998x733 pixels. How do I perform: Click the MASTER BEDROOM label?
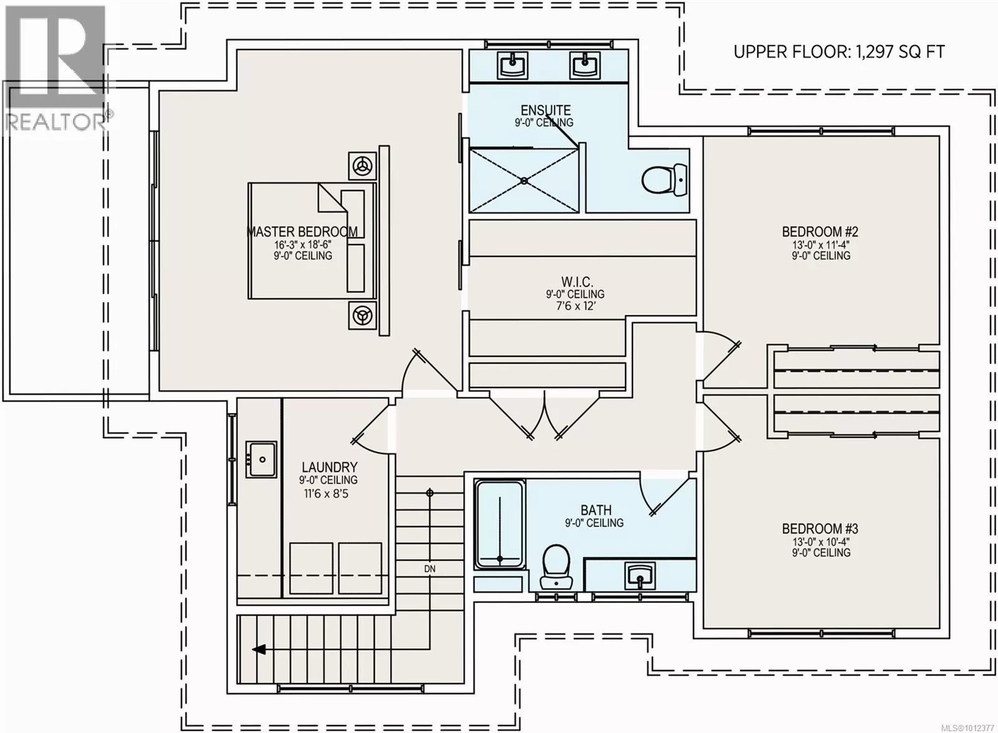[303, 231]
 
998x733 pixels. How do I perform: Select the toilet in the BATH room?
[556, 567]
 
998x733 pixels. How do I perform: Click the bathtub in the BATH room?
[500, 525]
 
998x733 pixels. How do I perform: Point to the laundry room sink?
[262, 459]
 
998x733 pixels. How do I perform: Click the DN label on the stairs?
[430, 569]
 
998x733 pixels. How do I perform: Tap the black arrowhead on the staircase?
[259, 649]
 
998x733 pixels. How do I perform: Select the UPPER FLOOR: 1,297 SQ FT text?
[838, 52]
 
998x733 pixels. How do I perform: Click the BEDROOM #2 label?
[820, 231]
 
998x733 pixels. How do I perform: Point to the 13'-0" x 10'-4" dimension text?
[820, 541]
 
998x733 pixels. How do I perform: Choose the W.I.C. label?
[577, 281]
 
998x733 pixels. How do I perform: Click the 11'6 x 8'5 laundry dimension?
[326, 493]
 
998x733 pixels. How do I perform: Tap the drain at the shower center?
[525, 181]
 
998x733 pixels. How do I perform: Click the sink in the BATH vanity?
[640, 576]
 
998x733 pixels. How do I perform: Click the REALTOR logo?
[57, 68]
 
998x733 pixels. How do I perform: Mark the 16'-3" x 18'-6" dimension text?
[303, 245]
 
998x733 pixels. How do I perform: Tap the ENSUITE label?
[546, 110]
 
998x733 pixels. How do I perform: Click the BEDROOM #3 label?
[820, 529]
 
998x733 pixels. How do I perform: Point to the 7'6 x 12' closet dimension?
[576, 306]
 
